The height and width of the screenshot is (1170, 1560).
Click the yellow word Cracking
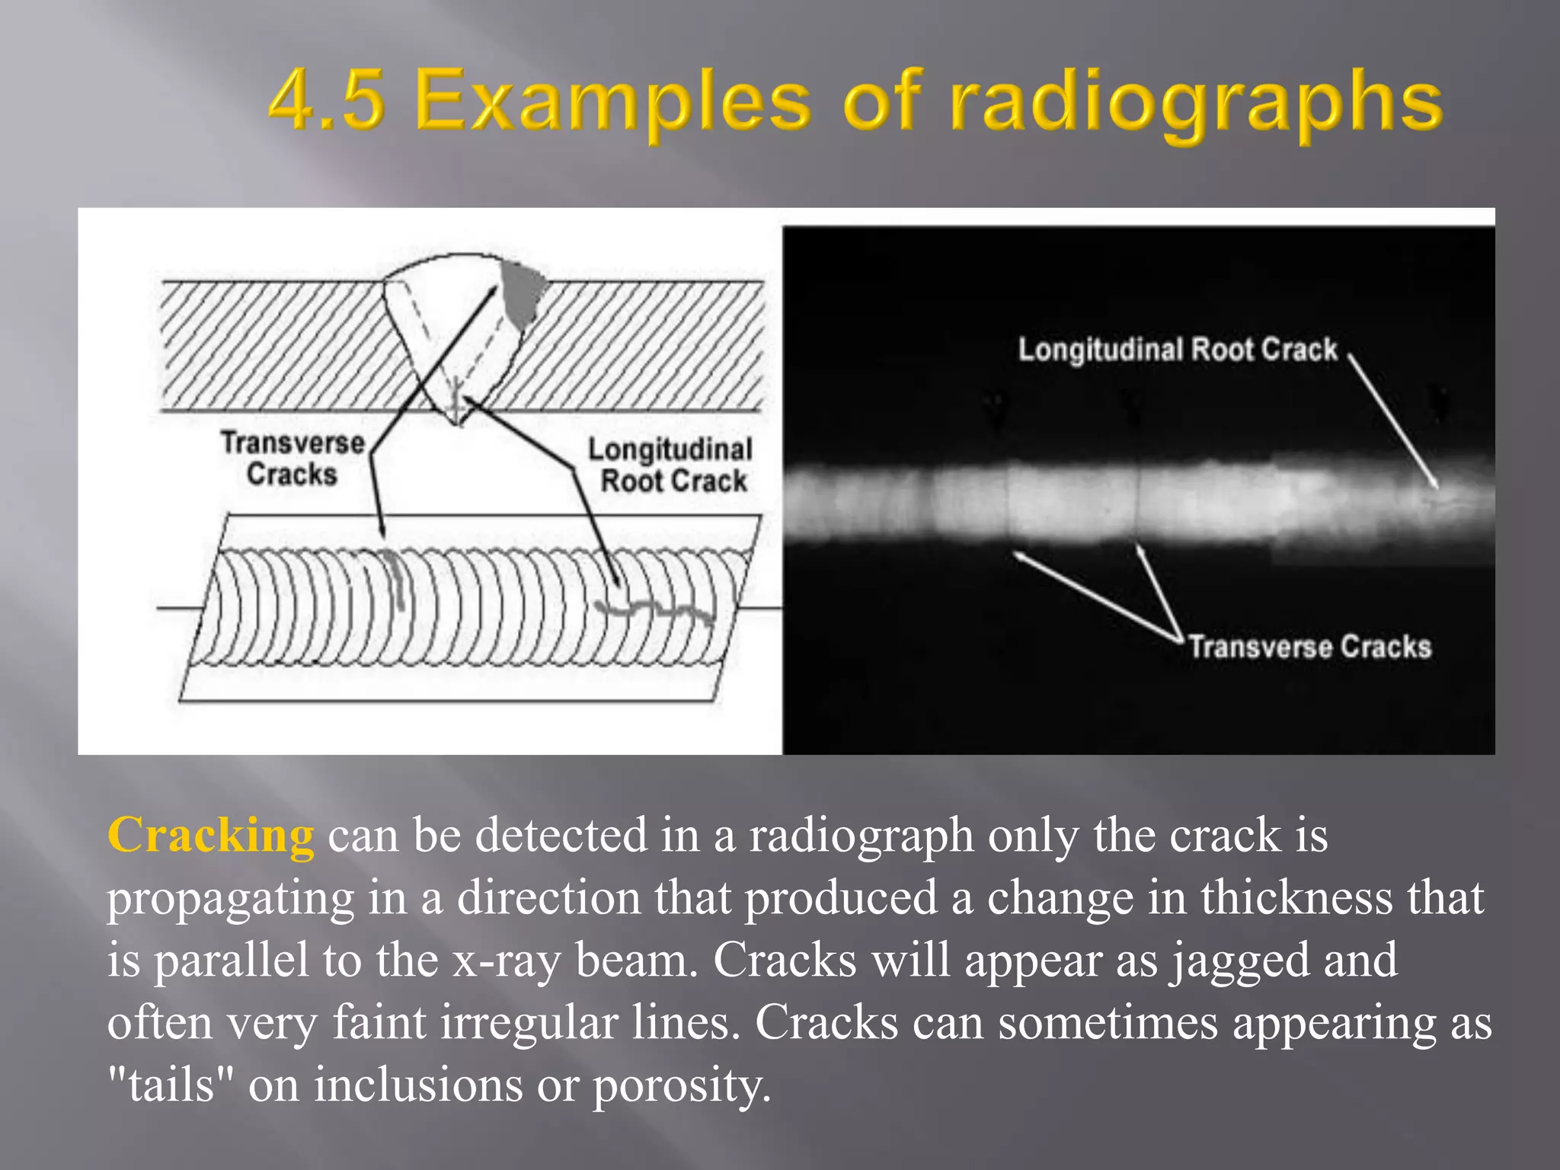pyautogui.click(x=210, y=836)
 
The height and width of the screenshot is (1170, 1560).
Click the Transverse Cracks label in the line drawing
pyautogui.click(x=292, y=459)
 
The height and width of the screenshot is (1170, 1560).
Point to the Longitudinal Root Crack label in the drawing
pyautogui.click(x=671, y=465)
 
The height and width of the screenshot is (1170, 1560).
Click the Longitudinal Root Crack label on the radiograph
pyautogui.click(x=1177, y=350)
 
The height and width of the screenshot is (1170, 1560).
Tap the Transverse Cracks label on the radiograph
pyautogui.click(x=1309, y=647)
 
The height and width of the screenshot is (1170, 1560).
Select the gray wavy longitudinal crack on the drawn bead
pyautogui.click(x=655, y=609)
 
